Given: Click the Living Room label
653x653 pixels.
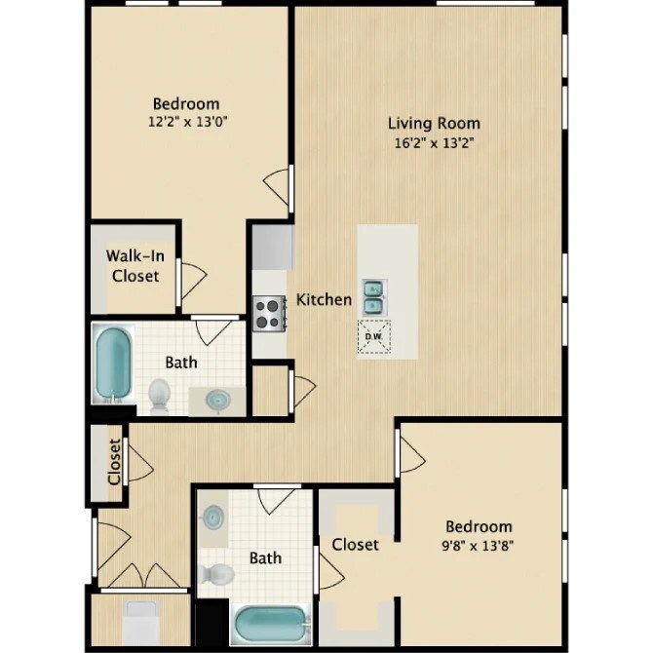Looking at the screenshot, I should click(x=434, y=123).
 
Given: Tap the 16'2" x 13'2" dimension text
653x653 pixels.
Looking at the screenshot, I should click(x=434, y=142).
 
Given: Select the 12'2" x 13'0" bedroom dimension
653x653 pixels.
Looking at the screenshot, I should click(x=186, y=123).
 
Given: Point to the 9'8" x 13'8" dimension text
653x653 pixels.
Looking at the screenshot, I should click(x=478, y=546).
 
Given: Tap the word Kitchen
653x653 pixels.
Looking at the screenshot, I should click(x=324, y=299).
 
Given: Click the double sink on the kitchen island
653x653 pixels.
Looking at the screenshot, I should click(x=373, y=296).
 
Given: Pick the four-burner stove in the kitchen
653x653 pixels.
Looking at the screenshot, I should click(x=267, y=312).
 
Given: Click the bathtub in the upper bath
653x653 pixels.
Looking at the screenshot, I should click(x=111, y=363).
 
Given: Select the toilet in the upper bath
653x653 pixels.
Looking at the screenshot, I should click(x=159, y=394).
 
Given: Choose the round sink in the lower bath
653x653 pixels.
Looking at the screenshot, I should click(x=213, y=516).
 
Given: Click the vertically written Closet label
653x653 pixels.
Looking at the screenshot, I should click(x=114, y=461).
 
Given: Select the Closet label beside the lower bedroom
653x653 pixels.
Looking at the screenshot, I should click(x=355, y=544).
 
